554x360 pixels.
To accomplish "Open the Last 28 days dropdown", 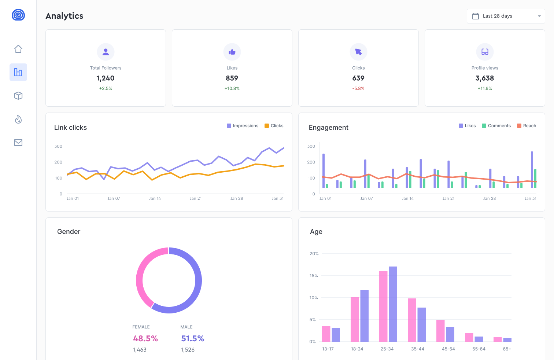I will click(506, 16).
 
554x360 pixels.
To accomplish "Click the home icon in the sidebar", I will click(18, 49).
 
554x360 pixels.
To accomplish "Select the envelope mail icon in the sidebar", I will click(18, 143).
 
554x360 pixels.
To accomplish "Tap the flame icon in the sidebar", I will click(18, 119).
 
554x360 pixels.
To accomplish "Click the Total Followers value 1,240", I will click(106, 78).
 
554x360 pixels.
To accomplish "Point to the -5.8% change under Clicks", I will click(358, 88).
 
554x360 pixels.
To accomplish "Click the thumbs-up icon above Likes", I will click(232, 52).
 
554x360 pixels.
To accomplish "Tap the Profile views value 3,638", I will click(484, 78).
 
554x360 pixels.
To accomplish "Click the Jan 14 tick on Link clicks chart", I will click(155, 198).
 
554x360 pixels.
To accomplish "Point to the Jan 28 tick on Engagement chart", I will click(489, 198).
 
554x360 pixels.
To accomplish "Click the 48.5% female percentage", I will click(145, 338).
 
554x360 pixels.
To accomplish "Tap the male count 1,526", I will click(188, 350).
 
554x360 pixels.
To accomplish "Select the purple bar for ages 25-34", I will click(393, 304).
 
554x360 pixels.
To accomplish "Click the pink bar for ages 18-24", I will click(355, 319).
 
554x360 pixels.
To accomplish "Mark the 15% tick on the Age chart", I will click(314, 276).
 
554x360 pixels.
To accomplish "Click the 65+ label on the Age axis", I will click(507, 349).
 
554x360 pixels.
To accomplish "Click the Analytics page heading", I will click(64, 16).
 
